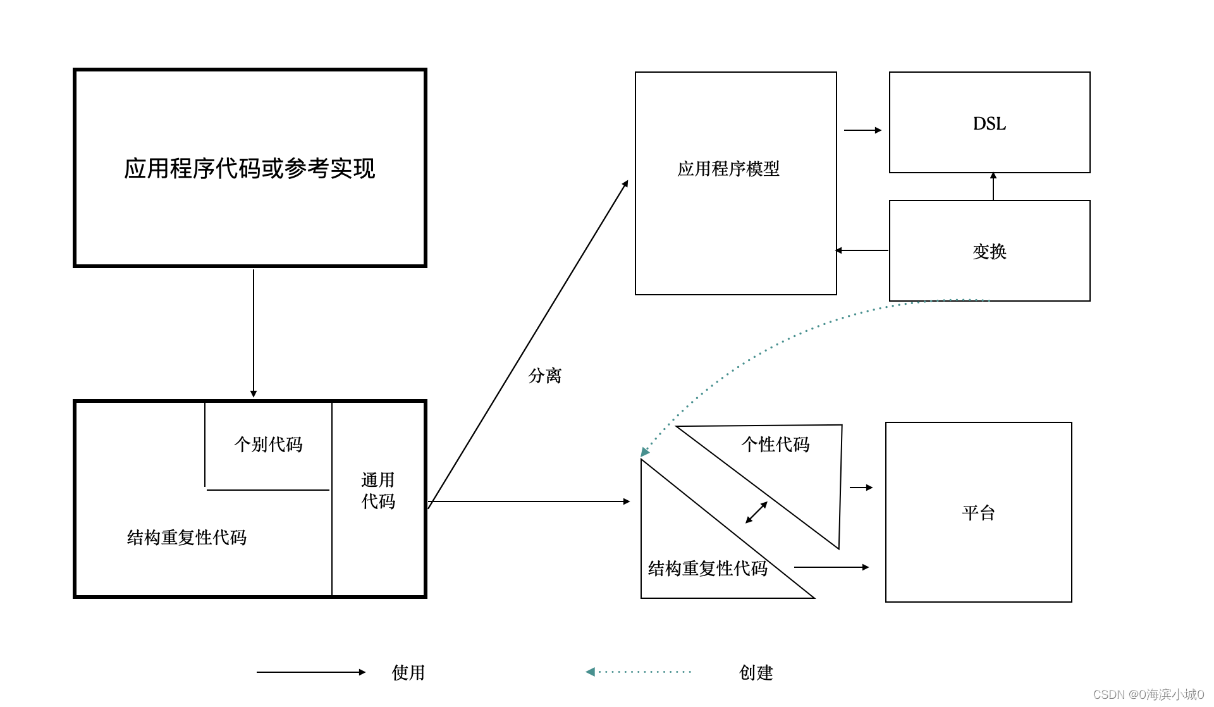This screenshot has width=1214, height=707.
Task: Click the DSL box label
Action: (989, 123)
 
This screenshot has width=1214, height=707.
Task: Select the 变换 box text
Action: (989, 251)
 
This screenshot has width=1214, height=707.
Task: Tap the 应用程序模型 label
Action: (728, 169)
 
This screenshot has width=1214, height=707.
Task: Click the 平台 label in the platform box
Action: (978, 512)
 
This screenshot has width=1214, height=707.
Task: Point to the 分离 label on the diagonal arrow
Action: (544, 376)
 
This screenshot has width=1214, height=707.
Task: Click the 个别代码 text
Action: (268, 444)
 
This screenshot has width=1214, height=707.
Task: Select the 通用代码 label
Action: (378, 491)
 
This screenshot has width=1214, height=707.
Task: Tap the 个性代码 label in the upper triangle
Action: (775, 444)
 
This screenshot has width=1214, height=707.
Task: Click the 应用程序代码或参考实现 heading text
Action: (249, 168)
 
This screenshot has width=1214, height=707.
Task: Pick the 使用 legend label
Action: (408, 672)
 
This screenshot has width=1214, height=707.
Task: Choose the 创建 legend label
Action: (756, 672)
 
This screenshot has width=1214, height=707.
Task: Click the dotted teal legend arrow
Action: (639, 672)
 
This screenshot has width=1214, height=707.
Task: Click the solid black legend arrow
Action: (310, 672)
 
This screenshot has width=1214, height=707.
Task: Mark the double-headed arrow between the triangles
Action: (756, 512)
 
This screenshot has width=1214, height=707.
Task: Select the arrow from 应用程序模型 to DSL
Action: (862, 130)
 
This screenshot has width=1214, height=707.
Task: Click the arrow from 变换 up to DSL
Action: (993, 187)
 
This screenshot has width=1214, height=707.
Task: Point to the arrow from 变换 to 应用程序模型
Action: (862, 250)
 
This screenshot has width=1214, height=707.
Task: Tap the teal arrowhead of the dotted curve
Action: (644, 452)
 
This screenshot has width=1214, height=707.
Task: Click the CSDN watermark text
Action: (1148, 694)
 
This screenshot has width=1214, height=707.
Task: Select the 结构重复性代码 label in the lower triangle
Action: (708, 568)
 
